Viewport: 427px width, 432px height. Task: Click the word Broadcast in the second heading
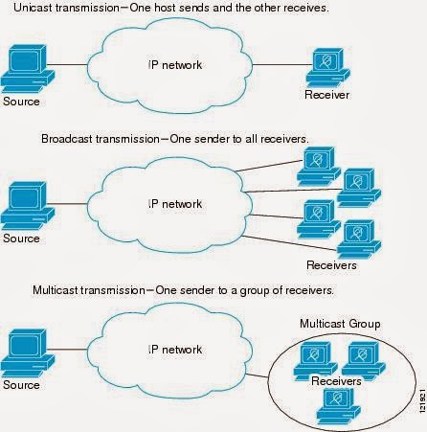coord(68,139)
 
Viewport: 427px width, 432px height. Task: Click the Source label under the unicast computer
coord(21,100)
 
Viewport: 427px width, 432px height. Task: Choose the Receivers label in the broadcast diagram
coord(331,264)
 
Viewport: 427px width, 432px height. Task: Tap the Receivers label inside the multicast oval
coord(335,380)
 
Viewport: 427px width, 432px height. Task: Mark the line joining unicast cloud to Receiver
coord(280,67)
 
